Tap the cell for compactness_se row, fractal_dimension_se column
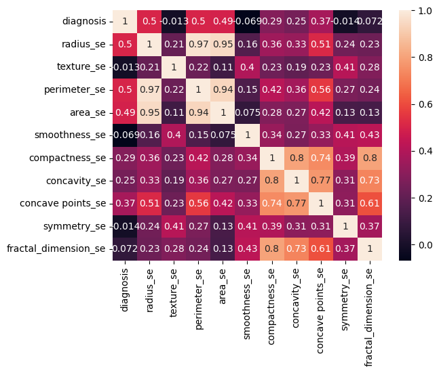pyautogui.click(x=368, y=158)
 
